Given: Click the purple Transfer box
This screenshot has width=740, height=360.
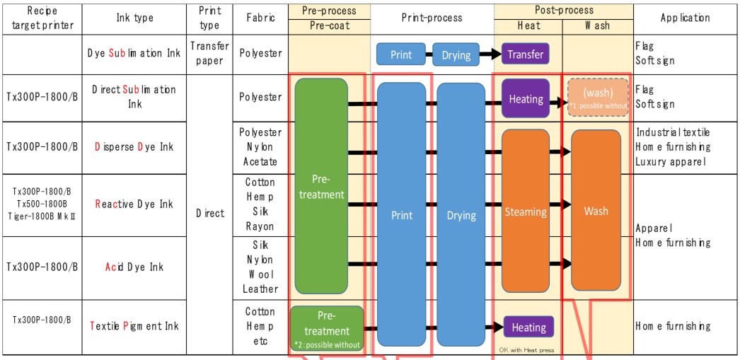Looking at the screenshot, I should (x=525, y=54).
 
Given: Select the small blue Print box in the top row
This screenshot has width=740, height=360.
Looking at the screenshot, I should (x=400, y=54).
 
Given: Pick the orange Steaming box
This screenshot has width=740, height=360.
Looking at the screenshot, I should (x=525, y=211).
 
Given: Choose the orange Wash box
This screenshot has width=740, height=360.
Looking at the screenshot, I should (x=596, y=211).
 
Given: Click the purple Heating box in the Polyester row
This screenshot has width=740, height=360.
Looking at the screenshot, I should (x=525, y=100).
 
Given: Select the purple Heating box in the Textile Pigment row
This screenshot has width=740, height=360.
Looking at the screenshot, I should (x=528, y=327).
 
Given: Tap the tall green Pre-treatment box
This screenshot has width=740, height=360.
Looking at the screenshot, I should (x=320, y=187).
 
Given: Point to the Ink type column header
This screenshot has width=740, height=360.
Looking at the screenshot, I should (x=134, y=18).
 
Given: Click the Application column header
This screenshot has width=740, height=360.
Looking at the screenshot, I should (x=685, y=18).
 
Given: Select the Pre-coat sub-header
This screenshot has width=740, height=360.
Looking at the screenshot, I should (x=330, y=25).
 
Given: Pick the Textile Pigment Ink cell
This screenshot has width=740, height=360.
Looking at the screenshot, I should (x=134, y=326).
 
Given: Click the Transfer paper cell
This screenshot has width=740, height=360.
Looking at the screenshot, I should (x=209, y=53).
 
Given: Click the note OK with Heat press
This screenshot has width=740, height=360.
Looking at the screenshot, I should (x=526, y=349).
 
